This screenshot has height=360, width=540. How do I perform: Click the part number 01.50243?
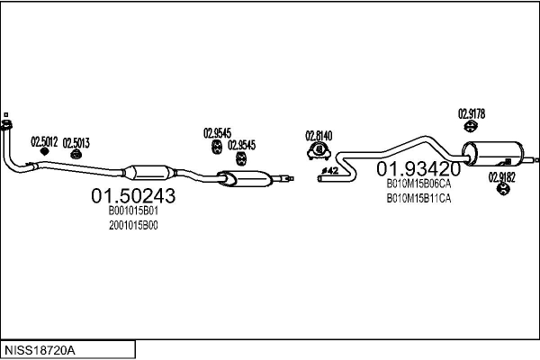click(133, 195)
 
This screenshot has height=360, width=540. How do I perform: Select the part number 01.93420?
click(418, 169)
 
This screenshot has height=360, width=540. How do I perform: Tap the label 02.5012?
click(44, 141)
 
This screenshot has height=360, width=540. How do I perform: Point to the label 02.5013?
click(76, 143)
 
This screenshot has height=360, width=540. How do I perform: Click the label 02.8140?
click(319, 136)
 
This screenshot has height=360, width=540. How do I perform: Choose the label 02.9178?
click(472, 113)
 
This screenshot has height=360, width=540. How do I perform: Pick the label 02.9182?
click(502, 177)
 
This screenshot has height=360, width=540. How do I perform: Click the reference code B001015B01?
click(133, 211)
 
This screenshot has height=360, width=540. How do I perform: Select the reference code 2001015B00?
click(133, 225)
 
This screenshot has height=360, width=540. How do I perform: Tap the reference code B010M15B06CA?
click(418, 184)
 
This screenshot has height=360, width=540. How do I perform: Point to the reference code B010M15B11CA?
click(418, 199)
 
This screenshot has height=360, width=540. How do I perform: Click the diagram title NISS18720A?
click(40, 350)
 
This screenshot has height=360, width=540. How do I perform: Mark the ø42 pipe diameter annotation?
click(330, 170)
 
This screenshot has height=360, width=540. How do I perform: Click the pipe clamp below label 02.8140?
click(319, 151)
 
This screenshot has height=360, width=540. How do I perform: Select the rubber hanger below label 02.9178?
click(470, 126)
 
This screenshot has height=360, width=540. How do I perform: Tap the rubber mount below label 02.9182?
click(503, 189)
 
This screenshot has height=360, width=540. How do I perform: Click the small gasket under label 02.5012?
click(44, 151)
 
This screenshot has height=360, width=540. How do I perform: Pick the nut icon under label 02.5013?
click(76, 154)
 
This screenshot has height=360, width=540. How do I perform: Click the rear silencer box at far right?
click(492, 154)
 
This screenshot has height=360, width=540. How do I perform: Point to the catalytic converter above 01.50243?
click(148, 172)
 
